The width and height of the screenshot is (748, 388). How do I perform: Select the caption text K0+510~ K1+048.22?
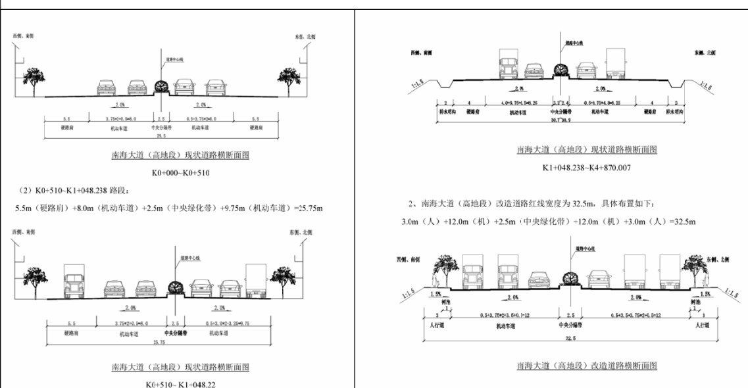click(x=178, y=383)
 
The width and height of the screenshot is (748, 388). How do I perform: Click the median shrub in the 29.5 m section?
click(x=161, y=86)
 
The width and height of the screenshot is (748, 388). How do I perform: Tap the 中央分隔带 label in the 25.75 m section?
click(x=174, y=332)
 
